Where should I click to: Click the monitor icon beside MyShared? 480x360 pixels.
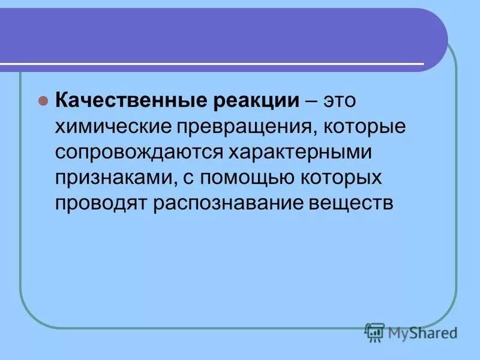(x=374, y=332)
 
